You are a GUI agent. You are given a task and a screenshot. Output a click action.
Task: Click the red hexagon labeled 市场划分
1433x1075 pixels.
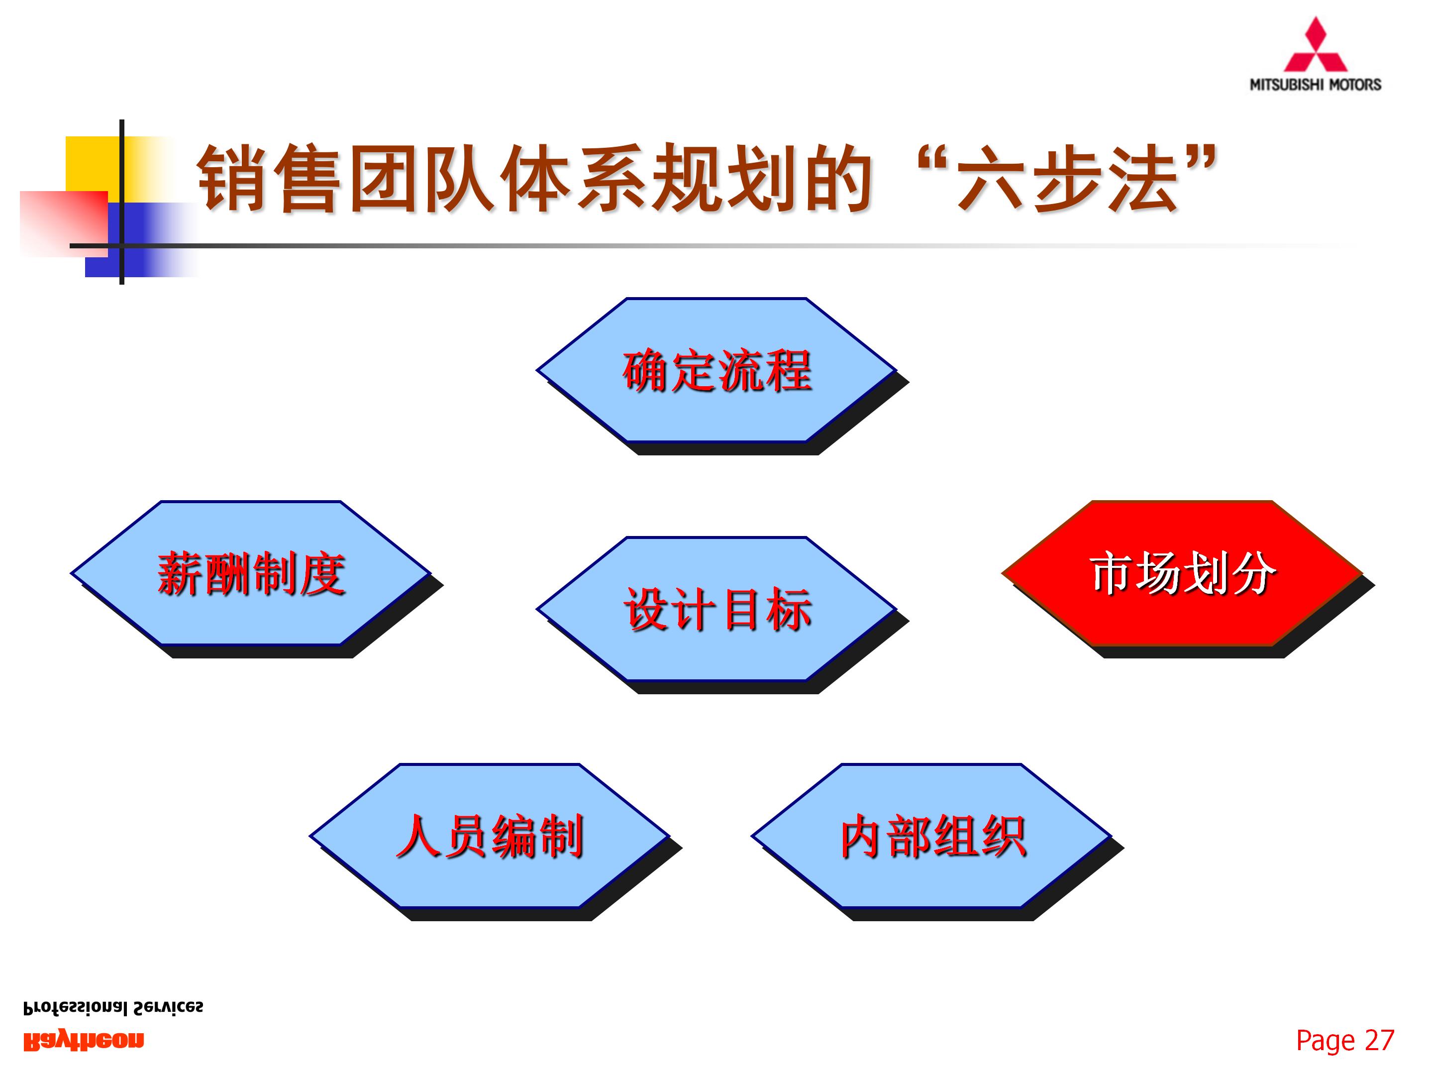click(1182, 573)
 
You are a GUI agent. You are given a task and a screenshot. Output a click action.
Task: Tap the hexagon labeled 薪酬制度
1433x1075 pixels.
click(251, 573)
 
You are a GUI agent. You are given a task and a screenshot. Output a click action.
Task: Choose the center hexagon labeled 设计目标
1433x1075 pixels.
click(716, 609)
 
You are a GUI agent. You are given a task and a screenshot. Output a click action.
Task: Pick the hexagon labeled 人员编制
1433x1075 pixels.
click(489, 836)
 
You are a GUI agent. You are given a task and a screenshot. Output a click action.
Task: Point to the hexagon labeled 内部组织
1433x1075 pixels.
click(931, 836)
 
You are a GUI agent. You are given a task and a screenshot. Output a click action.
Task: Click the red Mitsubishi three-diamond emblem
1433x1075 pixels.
click(1315, 45)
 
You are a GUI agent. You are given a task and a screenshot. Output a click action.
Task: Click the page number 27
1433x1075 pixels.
click(1379, 1041)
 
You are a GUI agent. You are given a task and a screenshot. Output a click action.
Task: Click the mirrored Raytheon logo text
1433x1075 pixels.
click(84, 1041)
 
